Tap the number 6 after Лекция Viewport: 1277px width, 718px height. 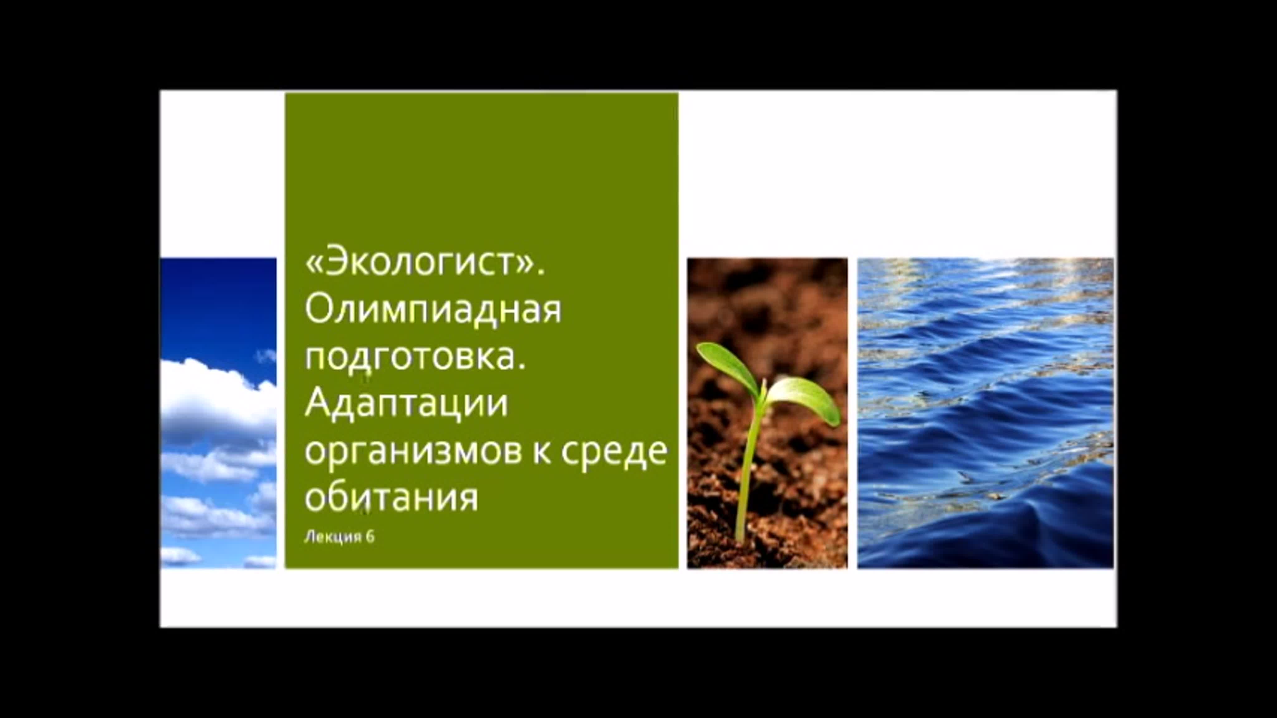click(369, 536)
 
